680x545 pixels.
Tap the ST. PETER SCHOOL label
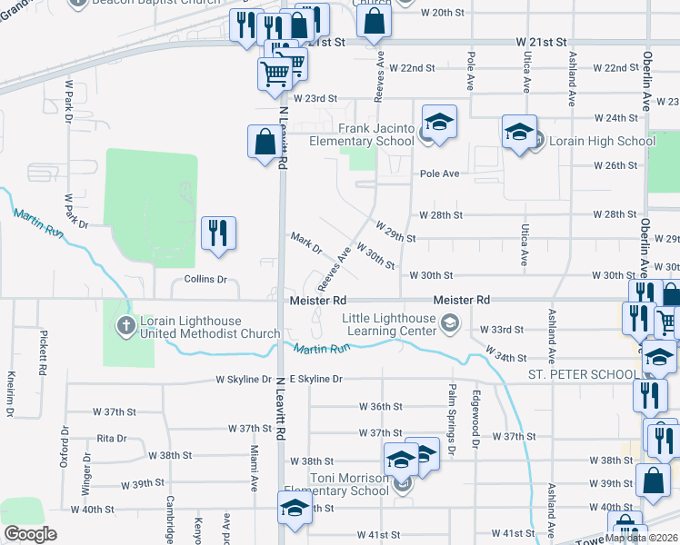(x=582, y=374)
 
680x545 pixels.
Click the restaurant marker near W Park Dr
(x=218, y=234)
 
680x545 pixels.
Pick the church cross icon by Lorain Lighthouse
(x=125, y=325)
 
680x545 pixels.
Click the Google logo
(x=30, y=534)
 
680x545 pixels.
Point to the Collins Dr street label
(x=205, y=280)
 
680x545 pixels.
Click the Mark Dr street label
(x=306, y=243)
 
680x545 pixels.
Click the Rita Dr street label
(x=111, y=438)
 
